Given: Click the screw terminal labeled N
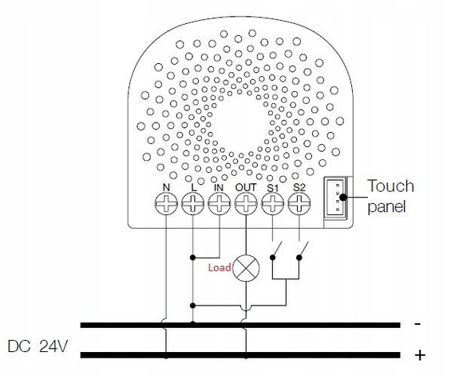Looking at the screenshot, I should coord(166,205).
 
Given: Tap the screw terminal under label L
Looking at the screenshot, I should coord(192,205).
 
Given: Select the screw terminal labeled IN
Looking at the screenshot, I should coord(219,205).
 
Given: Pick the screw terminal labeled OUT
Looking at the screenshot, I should coord(245,205).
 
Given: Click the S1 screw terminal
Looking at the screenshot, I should coord(272,205).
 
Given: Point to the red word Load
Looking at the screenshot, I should coord(220,266).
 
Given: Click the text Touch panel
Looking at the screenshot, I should coord(390,196).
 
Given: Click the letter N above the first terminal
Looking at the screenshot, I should coord(166,188).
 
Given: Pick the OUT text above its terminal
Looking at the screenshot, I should coord(245,188).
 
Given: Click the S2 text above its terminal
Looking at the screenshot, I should coord(299,188).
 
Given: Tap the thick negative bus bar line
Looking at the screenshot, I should coord(239,326).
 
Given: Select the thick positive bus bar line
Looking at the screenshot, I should coord(239,353).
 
